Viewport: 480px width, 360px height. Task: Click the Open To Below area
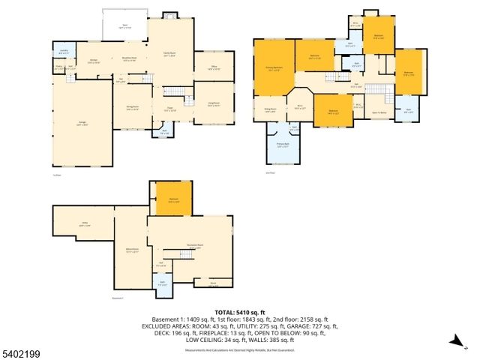point(379,112)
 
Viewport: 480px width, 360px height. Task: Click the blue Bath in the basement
point(162,284)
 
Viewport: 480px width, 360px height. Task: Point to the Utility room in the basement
point(85,223)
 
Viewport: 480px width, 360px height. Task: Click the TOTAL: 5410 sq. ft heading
point(240,312)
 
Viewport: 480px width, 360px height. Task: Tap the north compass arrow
point(454,342)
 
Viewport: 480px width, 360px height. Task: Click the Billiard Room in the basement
point(133,252)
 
